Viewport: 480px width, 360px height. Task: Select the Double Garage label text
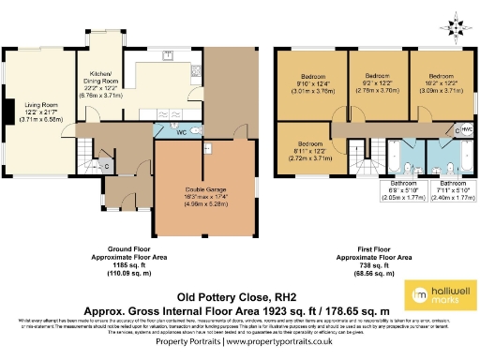click(x=202, y=195)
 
